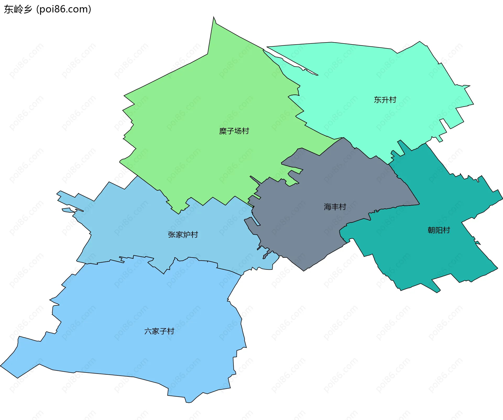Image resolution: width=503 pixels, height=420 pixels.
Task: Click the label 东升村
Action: click(x=385, y=100)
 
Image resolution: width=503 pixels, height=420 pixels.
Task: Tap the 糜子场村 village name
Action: click(x=234, y=131)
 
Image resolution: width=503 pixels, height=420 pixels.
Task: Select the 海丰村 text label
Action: click(x=335, y=207)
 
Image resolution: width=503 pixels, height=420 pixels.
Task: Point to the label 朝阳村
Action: click(x=439, y=230)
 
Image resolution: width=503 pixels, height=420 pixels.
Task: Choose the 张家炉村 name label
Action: click(x=183, y=235)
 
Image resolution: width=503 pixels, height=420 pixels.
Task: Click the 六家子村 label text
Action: click(x=159, y=331)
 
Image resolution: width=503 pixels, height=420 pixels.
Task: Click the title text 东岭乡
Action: click(x=18, y=9)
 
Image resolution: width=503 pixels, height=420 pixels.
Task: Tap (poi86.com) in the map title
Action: click(x=64, y=9)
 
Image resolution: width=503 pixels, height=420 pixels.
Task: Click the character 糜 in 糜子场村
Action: click(x=223, y=131)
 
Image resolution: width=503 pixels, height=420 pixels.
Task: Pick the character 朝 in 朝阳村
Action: click(x=431, y=230)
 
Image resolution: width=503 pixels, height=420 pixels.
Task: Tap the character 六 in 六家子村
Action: click(x=148, y=331)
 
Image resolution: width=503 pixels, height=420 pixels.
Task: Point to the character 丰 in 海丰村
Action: click(x=335, y=207)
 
